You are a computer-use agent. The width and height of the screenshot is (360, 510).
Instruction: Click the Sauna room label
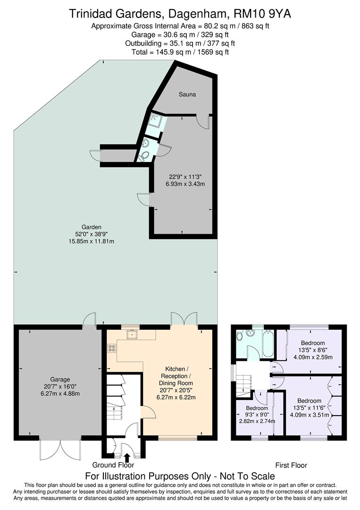click(x=187, y=94)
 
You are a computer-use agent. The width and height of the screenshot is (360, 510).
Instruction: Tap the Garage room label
click(x=60, y=379)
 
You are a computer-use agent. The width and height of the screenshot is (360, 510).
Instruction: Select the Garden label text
click(x=91, y=227)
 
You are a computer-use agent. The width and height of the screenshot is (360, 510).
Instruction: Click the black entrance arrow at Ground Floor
click(x=126, y=456)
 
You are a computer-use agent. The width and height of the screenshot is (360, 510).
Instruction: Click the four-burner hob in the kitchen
click(x=112, y=348)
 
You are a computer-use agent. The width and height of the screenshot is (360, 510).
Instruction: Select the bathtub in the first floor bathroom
click(x=267, y=343)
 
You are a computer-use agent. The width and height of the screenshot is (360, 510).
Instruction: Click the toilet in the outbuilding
click(x=144, y=155)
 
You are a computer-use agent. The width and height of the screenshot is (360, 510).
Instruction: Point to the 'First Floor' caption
click(x=291, y=465)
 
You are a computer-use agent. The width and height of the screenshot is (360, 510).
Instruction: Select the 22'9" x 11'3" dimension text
click(x=187, y=177)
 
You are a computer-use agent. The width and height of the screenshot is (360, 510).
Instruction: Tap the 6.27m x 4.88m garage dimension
click(x=60, y=394)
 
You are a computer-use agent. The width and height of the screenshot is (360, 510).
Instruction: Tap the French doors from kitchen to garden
click(x=184, y=318)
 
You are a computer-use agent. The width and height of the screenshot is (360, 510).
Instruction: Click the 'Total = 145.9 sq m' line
click(x=180, y=52)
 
